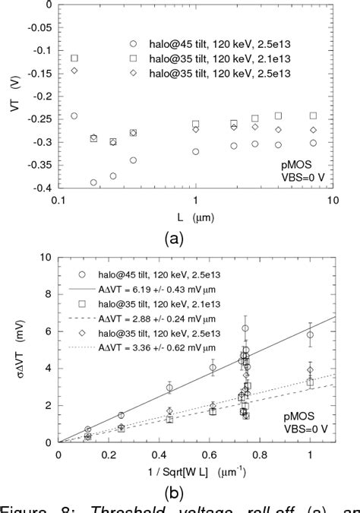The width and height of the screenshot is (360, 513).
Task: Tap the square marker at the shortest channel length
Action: click(96, 59)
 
